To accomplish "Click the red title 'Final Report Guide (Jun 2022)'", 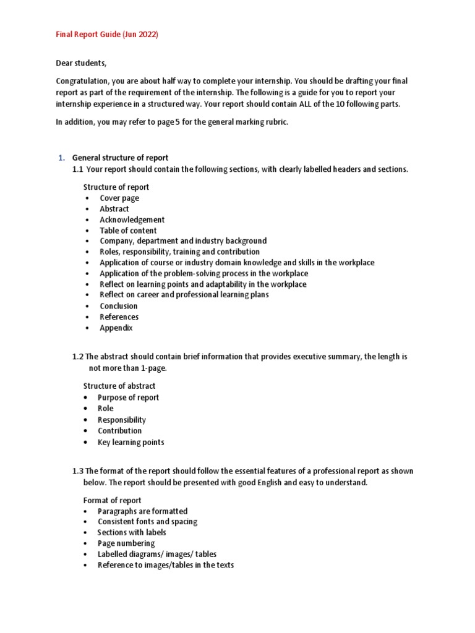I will tap(107, 35).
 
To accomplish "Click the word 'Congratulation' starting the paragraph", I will tap(83, 82).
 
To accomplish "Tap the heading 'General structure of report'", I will tap(120, 158).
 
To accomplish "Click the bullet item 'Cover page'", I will tap(119, 198).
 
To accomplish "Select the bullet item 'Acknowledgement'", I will tap(132, 219).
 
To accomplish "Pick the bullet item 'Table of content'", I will tap(128, 231).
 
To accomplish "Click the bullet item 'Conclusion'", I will tap(119, 306).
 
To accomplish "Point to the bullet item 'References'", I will tap(119, 317).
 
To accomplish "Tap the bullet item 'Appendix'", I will tap(116, 328).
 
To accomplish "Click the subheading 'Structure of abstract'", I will tap(119, 386).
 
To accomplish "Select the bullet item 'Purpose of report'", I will tap(128, 397).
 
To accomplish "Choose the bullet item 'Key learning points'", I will tap(131, 442).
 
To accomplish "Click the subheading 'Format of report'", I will tap(112, 500).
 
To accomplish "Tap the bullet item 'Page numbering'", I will tap(126, 543).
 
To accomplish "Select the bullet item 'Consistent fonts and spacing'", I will tap(147, 522).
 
